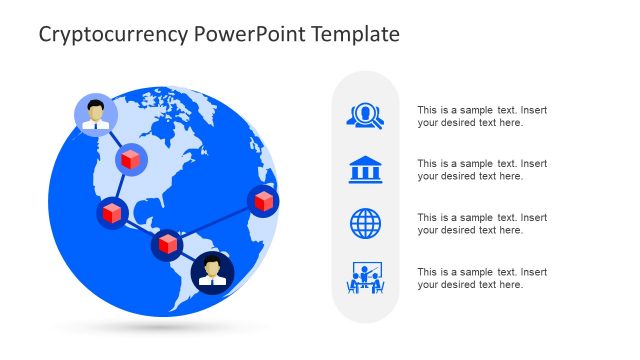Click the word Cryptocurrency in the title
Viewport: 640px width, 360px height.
pyautogui.click(x=99, y=35)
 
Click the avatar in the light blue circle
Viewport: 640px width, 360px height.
pyautogui.click(x=96, y=114)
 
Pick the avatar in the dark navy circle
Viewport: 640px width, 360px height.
pyautogui.click(x=212, y=270)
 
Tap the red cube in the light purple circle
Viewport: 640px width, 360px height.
pyautogui.click(x=129, y=159)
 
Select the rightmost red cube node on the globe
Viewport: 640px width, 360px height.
pyautogui.click(x=263, y=200)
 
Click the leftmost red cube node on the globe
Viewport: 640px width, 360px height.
pyautogui.click(x=112, y=212)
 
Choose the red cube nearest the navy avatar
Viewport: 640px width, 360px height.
pyautogui.click(x=167, y=244)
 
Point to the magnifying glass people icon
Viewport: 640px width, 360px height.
pyautogui.click(x=365, y=116)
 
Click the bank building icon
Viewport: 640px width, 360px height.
pyautogui.click(x=365, y=169)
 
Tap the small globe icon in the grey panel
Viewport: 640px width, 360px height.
pyautogui.click(x=365, y=223)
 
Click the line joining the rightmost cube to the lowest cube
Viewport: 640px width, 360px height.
pyautogui.click(x=215, y=222)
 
